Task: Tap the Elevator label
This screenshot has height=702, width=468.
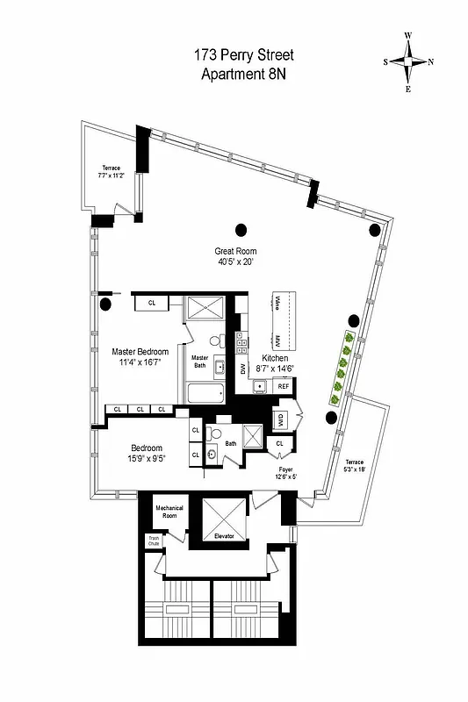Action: [x=224, y=536]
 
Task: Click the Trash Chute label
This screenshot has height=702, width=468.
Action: [x=154, y=541]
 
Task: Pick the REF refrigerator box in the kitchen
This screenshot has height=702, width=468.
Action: [x=284, y=386]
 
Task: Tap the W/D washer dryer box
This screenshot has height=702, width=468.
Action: [x=281, y=419]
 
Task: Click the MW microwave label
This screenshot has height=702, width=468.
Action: [x=277, y=340]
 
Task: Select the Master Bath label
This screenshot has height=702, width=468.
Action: [x=200, y=360]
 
